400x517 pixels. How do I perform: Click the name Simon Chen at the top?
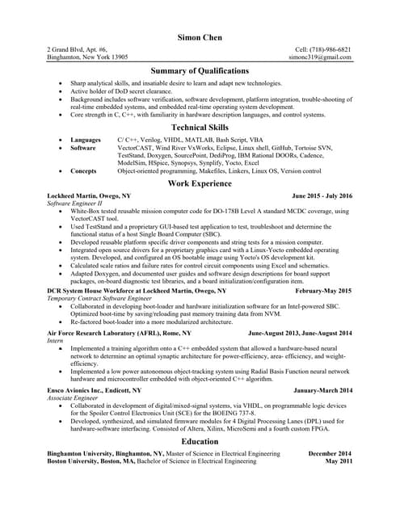[x=200, y=38]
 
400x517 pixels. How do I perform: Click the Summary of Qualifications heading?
[x=200, y=72]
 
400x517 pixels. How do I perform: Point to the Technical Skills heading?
[x=200, y=128]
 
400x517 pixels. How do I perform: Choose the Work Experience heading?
[x=200, y=184]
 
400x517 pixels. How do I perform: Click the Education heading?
[x=200, y=442]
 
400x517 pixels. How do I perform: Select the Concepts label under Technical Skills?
[x=83, y=171]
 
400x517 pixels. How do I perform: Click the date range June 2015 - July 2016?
[x=322, y=196]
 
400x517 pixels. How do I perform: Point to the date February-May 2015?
[x=324, y=290]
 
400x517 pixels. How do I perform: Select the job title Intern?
[x=56, y=340]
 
